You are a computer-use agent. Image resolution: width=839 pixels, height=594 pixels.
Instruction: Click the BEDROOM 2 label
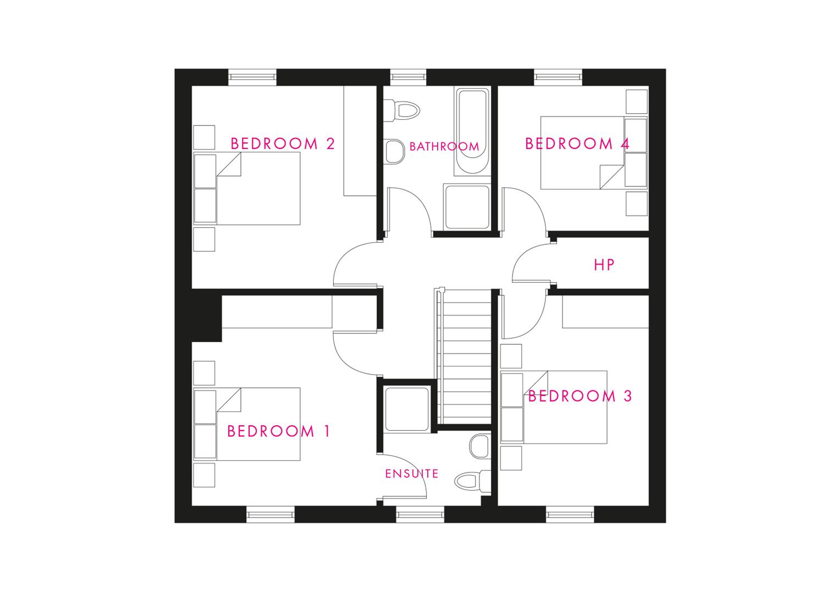point(283,144)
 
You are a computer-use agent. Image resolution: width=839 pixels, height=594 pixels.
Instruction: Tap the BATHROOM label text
point(444,146)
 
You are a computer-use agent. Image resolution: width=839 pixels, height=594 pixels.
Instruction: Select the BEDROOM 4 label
point(577,144)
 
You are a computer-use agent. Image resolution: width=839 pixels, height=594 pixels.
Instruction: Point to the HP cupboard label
point(604,265)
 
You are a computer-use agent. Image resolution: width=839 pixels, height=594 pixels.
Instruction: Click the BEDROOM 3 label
point(580,396)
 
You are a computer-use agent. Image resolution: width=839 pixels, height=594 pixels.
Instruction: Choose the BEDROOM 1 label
point(278,431)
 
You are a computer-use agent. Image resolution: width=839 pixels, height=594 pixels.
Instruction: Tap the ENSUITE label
point(412,474)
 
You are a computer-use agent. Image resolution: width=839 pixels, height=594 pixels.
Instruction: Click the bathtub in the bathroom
point(472,131)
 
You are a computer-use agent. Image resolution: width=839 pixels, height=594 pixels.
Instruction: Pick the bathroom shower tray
point(467,206)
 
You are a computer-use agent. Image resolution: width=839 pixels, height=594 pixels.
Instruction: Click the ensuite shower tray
point(407,409)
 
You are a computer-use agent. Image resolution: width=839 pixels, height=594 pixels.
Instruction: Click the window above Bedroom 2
point(252,77)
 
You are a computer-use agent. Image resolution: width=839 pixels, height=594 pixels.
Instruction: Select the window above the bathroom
point(409,77)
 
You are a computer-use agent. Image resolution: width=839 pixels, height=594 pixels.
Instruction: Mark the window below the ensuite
point(420,514)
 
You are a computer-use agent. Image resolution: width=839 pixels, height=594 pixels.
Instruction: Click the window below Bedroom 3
point(570,514)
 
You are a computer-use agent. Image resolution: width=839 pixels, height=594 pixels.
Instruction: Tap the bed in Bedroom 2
point(247,188)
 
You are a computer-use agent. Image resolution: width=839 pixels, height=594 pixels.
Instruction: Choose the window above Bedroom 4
point(558,77)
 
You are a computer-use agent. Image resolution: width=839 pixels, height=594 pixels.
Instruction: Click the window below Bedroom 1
point(271,514)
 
